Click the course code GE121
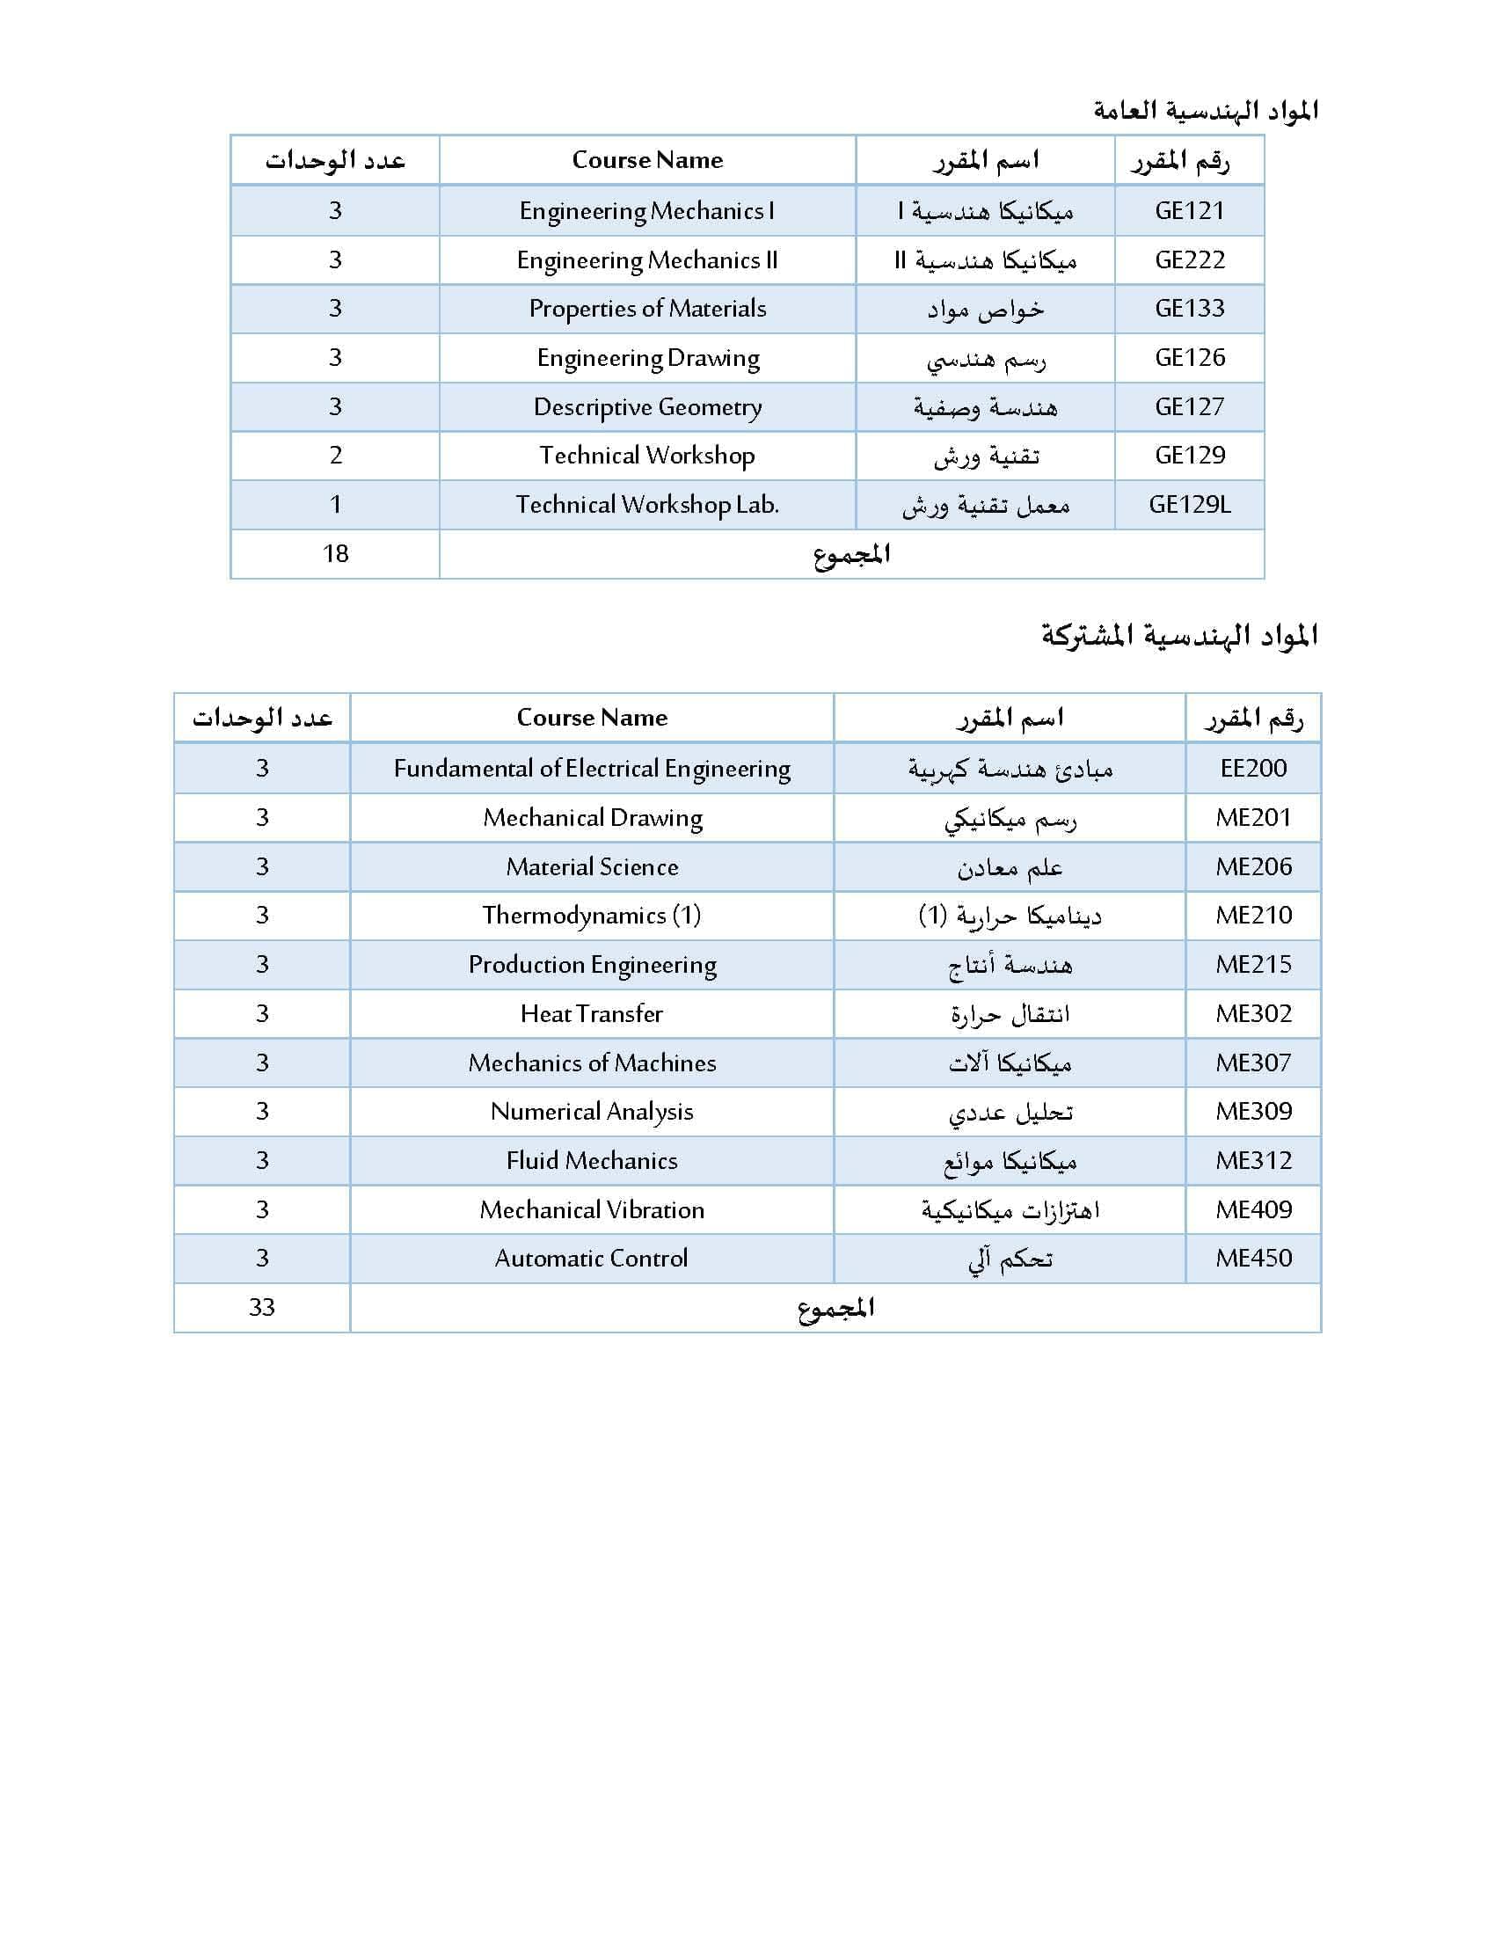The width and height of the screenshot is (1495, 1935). pyautogui.click(x=1189, y=211)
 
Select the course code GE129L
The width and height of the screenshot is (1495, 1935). pyautogui.click(x=1189, y=505)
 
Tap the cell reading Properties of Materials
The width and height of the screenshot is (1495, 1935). pyautogui.click(x=647, y=309)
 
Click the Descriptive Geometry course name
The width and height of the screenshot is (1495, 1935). pyautogui.click(x=647, y=406)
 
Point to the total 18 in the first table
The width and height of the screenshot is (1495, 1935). pyautogui.click(x=335, y=554)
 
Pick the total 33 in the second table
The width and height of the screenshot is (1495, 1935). pyautogui.click(x=261, y=1307)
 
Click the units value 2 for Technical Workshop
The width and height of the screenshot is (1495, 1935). pyautogui.click(x=335, y=456)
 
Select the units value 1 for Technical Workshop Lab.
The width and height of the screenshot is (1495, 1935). pyautogui.click(x=335, y=505)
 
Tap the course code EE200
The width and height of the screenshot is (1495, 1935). pyautogui.click(x=1252, y=768)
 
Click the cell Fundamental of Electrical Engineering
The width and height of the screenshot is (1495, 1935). pyautogui.click(x=592, y=768)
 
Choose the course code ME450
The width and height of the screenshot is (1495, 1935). pyautogui.click(x=1252, y=1258)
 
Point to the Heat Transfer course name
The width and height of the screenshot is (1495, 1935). pyautogui.click(x=592, y=1013)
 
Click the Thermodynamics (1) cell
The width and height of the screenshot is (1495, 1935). pyautogui.click(x=592, y=916)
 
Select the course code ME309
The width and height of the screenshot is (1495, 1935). pyautogui.click(x=1252, y=1111)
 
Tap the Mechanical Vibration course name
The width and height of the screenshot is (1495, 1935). pyautogui.click(x=592, y=1209)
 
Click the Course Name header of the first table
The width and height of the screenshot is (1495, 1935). pyautogui.click(x=647, y=160)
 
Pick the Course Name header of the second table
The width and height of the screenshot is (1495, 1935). pyautogui.click(x=592, y=718)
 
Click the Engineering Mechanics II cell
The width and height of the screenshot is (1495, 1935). pyautogui.click(x=647, y=260)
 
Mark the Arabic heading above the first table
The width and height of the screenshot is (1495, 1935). pyautogui.click(x=1206, y=110)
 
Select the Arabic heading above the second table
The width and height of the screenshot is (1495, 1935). pyautogui.click(x=1178, y=635)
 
